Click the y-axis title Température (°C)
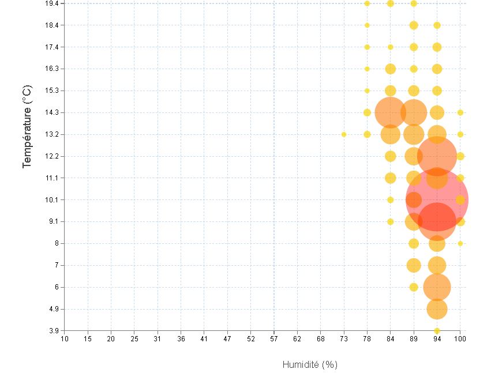pyautogui.click(x=27, y=127)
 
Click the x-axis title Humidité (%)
pyautogui.click(x=310, y=364)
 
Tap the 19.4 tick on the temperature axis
pyautogui.click(x=52, y=3)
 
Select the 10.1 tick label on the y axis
pyautogui.click(x=52, y=199)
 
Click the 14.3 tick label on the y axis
pyautogui.click(x=52, y=112)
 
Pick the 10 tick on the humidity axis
pyautogui.click(x=65, y=338)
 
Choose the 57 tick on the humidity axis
pyautogui.click(x=274, y=338)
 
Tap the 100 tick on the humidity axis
pyautogui.click(x=460, y=338)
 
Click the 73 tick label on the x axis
pyautogui.click(x=344, y=338)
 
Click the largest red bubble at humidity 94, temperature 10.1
pyautogui.click(x=437, y=199)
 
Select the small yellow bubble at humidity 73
pyautogui.click(x=344, y=134)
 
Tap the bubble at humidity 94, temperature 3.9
pyautogui.click(x=437, y=331)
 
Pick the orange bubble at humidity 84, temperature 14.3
pyautogui.click(x=391, y=112)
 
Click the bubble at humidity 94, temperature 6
pyautogui.click(x=437, y=287)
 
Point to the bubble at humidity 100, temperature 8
pyautogui.click(x=460, y=243)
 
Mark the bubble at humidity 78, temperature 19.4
pyautogui.click(x=367, y=3)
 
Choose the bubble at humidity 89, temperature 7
pyautogui.click(x=414, y=265)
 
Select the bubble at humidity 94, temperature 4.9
pyautogui.click(x=437, y=309)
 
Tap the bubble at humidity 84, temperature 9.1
pyautogui.click(x=391, y=221)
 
